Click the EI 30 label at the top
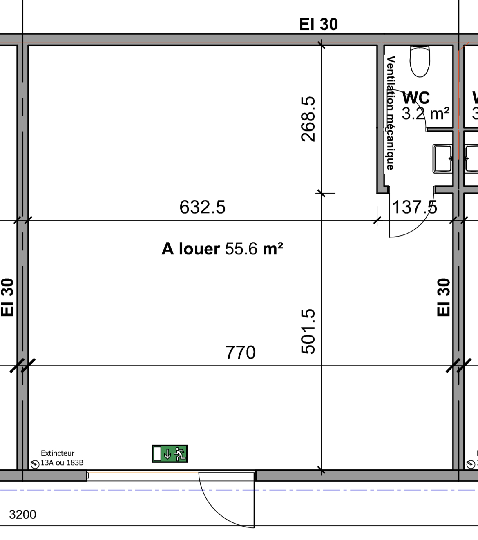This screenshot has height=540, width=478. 318,25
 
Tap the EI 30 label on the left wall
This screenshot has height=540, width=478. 8,297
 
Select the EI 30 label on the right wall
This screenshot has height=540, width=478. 444,297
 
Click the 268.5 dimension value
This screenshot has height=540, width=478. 308,119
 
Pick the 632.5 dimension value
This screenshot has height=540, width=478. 202,207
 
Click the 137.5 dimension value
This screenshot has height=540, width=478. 414,207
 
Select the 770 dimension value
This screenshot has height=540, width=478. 240,353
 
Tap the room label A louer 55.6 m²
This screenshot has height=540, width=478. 222,249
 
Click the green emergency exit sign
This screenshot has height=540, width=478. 170,454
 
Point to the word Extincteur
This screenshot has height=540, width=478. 58,453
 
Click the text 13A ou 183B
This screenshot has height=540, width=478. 62,463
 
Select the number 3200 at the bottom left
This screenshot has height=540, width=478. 22,515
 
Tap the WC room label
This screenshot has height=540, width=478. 416,98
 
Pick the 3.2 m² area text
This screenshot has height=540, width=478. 425,114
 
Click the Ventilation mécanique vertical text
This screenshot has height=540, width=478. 391,113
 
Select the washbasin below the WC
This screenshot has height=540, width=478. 442,158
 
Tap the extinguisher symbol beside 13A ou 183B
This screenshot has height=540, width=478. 35,464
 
